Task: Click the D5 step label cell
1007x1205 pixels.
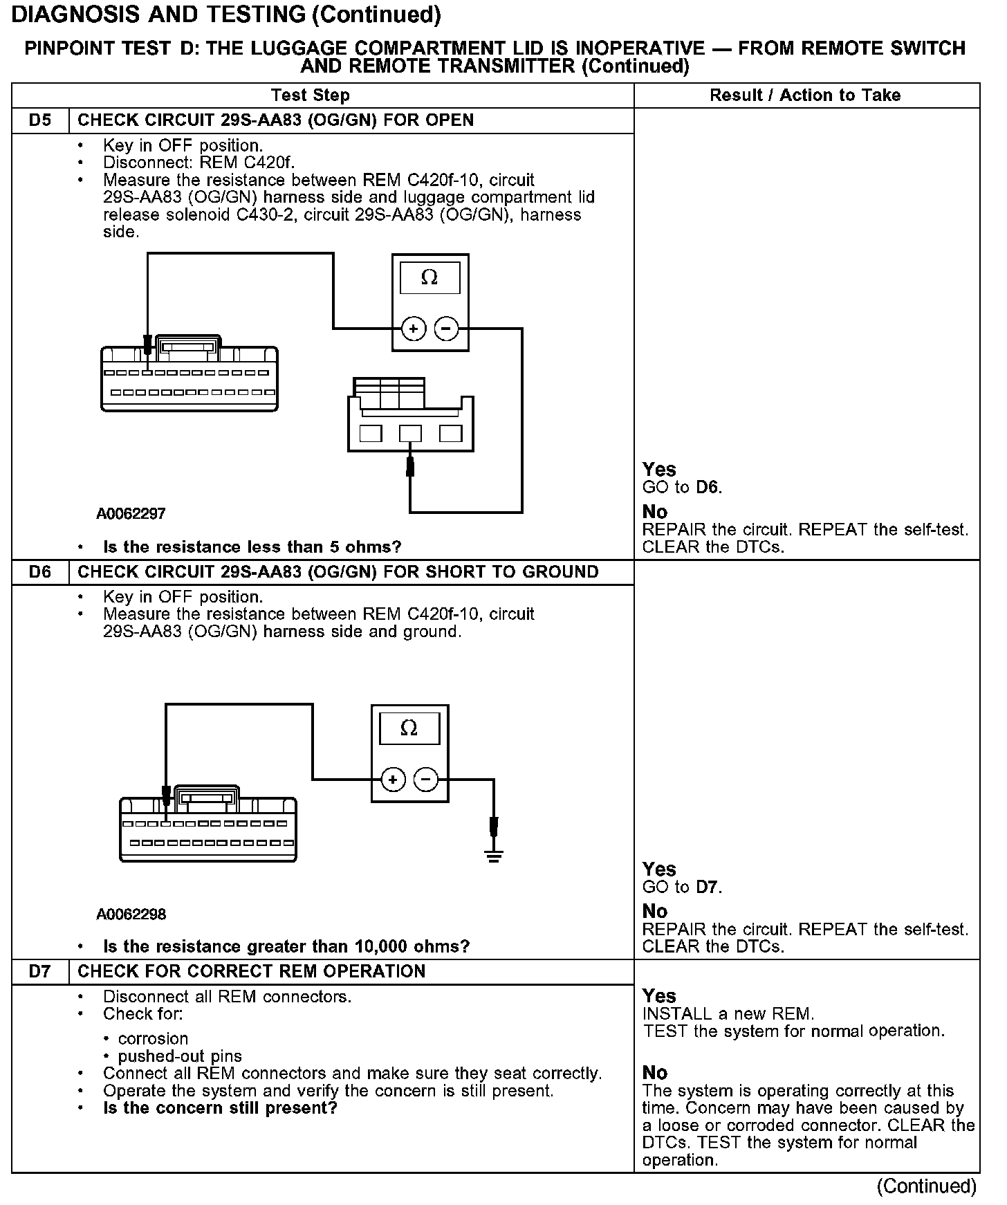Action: tap(40, 120)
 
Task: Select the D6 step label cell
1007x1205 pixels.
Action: tap(40, 572)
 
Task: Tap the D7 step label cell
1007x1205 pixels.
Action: tap(40, 971)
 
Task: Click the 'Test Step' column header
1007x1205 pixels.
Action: tap(311, 95)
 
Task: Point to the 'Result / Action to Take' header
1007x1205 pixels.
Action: tap(805, 95)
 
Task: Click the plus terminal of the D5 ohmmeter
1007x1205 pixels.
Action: tap(414, 329)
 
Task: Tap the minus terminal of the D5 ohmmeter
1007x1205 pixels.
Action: tap(447, 329)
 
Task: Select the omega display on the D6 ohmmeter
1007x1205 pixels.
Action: tap(409, 728)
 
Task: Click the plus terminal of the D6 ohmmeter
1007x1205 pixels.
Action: tap(393, 780)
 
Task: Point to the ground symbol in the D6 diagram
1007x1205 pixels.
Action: tap(493, 856)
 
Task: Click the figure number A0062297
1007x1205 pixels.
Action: tap(131, 514)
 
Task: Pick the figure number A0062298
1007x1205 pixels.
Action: tap(131, 914)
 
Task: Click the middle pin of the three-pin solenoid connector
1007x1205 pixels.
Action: tap(410, 434)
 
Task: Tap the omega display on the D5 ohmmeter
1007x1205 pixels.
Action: tap(429, 277)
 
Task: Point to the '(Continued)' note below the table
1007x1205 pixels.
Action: tap(926, 1186)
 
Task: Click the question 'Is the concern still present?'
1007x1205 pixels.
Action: tap(220, 1108)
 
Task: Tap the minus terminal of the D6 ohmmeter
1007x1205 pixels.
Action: tap(426, 780)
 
